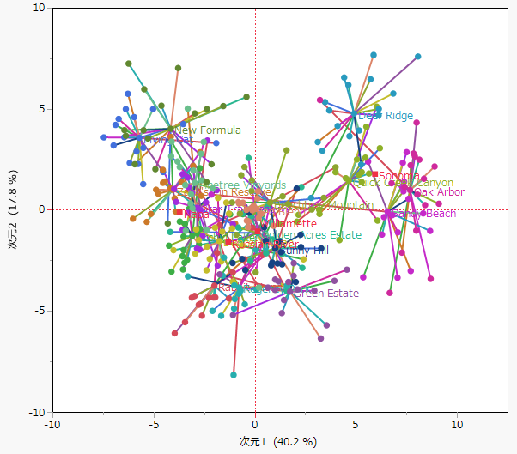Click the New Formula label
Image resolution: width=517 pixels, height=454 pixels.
[x=208, y=130]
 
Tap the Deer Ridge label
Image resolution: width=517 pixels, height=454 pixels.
[x=386, y=116]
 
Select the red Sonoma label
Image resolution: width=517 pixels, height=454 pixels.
[x=399, y=176]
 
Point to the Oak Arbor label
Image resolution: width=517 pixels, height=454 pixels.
[x=439, y=192]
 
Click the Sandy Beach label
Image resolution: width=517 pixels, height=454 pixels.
[x=424, y=214]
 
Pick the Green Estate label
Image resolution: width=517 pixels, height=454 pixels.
[x=326, y=294]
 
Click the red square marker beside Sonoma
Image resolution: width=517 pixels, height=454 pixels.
[x=375, y=176]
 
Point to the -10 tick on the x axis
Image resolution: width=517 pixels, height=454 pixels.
[x=53, y=424]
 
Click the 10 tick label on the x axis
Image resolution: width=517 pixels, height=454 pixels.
[x=457, y=424]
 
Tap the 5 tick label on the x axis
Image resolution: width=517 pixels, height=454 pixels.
[x=356, y=424]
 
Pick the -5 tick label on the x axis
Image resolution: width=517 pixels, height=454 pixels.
[x=154, y=424]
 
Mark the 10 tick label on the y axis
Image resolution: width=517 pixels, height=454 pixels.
[x=39, y=8]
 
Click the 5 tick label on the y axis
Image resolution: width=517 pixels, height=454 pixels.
[x=42, y=109]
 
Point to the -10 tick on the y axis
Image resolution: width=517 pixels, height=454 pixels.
[x=38, y=412]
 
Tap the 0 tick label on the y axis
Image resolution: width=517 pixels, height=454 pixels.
[x=42, y=209]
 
